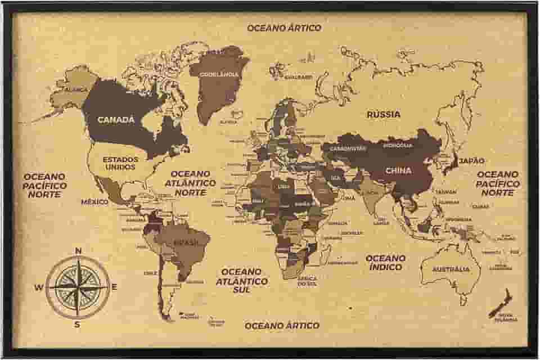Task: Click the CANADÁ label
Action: pyautogui.click(x=116, y=120)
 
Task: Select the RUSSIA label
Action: pyautogui.click(x=384, y=114)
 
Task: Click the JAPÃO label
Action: pyautogui.click(x=471, y=161)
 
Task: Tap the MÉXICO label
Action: pyautogui.click(x=94, y=201)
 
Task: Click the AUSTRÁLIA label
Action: pyautogui.click(x=450, y=269)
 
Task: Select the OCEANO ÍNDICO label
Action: pyautogui.click(x=385, y=262)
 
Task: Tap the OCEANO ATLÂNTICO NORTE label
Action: pyautogui.click(x=190, y=183)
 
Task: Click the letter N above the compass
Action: pyautogui.click(x=78, y=251)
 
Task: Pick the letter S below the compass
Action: pyautogui.click(x=78, y=323)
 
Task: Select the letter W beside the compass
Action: pyautogui.click(x=39, y=287)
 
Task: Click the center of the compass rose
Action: pyautogui.click(x=78, y=287)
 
